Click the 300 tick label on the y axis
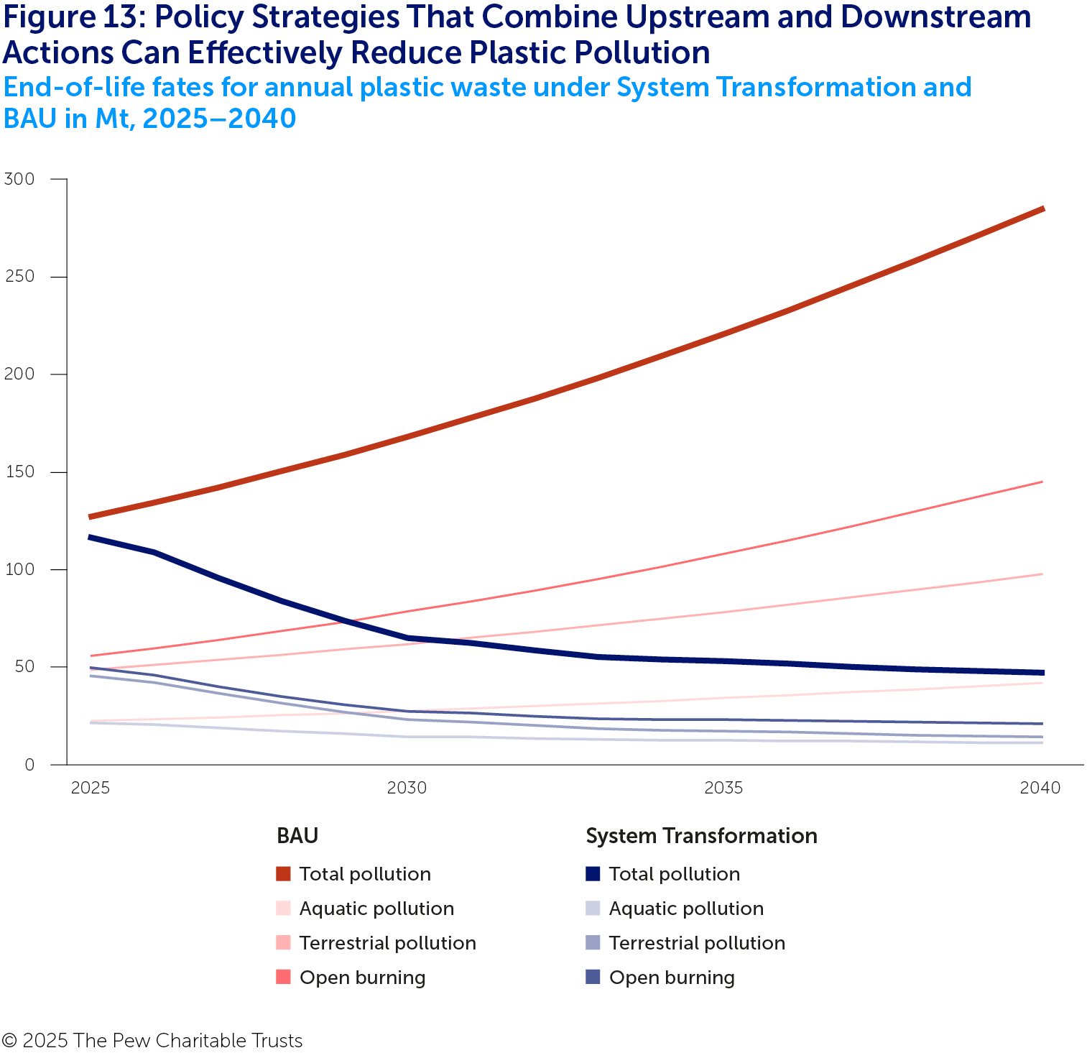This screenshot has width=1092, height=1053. pyautogui.click(x=19, y=179)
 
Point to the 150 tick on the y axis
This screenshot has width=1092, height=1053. pyautogui.click(x=19, y=472)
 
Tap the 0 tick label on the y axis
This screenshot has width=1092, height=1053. pyautogui.click(x=29, y=765)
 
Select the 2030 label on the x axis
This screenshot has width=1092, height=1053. pyautogui.click(x=407, y=788)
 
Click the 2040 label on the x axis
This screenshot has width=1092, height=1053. pyautogui.click(x=1040, y=788)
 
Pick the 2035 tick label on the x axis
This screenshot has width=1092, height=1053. pyautogui.click(x=723, y=788)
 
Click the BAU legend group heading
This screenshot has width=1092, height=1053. pyautogui.click(x=297, y=836)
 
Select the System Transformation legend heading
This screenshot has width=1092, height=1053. pyautogui.click(x=701, y=836)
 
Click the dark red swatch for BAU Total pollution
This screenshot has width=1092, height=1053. pyautogui.click(x=283, y=874)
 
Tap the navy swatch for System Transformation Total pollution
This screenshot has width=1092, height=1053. pyautogui.click(x=593, y=874)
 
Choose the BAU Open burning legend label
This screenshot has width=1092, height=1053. pyautogui.click(x=362, y=978)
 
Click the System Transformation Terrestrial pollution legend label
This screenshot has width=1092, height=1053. pyautogui.click(x=697, y=943)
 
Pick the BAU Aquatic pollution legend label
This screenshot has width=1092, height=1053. pyautogui.click(x=376, y=909)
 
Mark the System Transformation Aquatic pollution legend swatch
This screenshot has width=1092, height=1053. pyautogui.click(x=593, y=909)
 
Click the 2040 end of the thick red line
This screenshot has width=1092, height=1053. pyautogui.click(x=1042, y=209)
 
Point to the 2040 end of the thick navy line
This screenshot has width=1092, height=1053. pyautogui.click(x=1042, y=673)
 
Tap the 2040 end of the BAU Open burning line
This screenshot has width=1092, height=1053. pyautogui.click(x=1041, y=482)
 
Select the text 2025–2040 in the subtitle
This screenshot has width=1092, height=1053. pyautogui.click(x=219, y=119)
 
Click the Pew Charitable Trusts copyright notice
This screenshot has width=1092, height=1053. pyautogui.click(x=152, y=1040)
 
